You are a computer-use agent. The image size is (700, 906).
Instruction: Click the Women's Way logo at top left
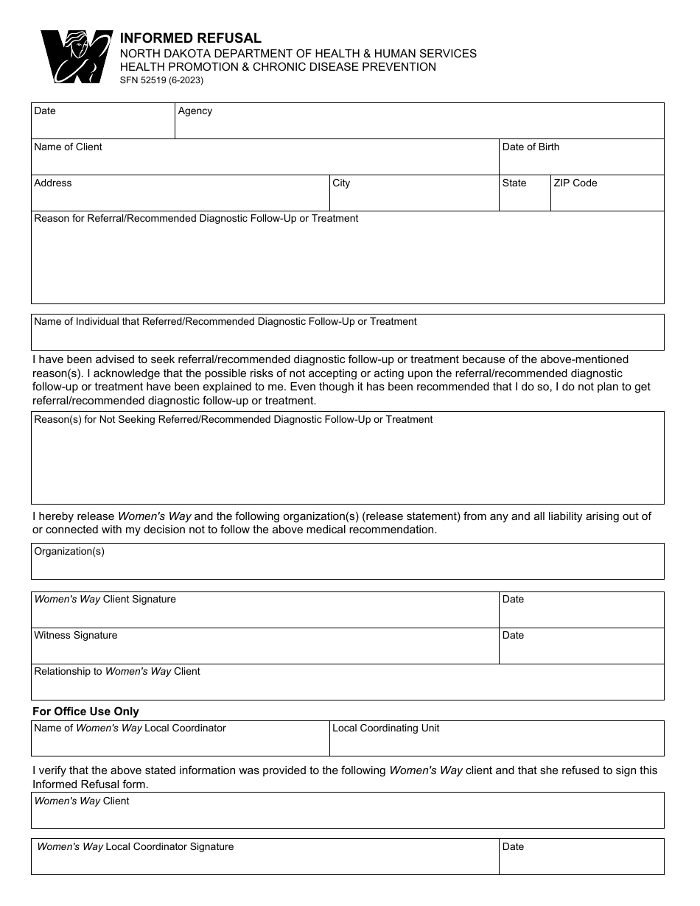click(76, 57)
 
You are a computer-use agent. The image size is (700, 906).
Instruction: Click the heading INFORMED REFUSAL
click(190, 38)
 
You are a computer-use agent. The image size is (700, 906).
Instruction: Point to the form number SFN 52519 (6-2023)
click(161, 80)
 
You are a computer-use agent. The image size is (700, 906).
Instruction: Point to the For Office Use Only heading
click(85, 712)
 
